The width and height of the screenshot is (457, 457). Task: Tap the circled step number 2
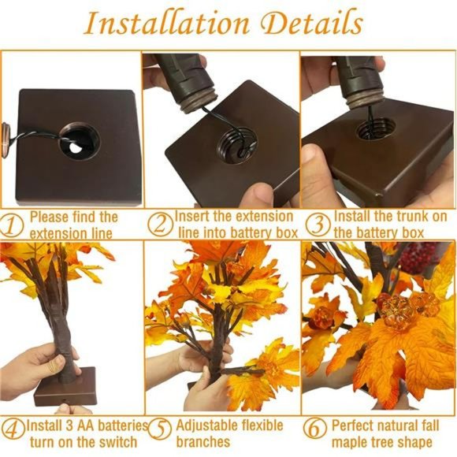[x=161, y=225]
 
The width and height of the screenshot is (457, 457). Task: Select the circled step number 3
[x=317, y=225]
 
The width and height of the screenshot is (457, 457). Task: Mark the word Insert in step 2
[x=193, y=216]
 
